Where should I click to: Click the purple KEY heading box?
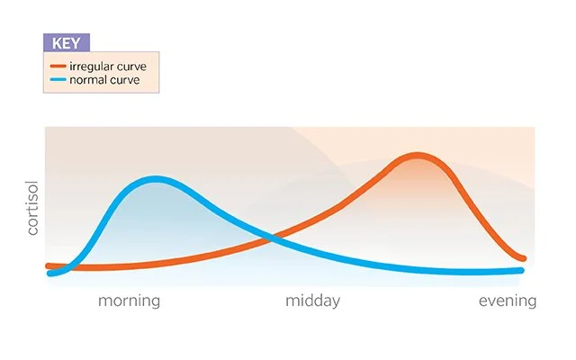coord(67,42)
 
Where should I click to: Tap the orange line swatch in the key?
coord(58,66)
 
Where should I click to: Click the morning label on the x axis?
coord(129,301)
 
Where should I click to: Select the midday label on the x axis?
coord(312,301)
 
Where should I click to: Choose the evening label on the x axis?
coord(507,301)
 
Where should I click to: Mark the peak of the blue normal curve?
coord(156,179)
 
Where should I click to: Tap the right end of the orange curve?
coord(523,258)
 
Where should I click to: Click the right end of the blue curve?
coord(521,270)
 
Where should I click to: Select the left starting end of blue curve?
coord(49,273)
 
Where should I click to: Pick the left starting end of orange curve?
coord(49,265)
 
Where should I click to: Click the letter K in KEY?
coord(57,42)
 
